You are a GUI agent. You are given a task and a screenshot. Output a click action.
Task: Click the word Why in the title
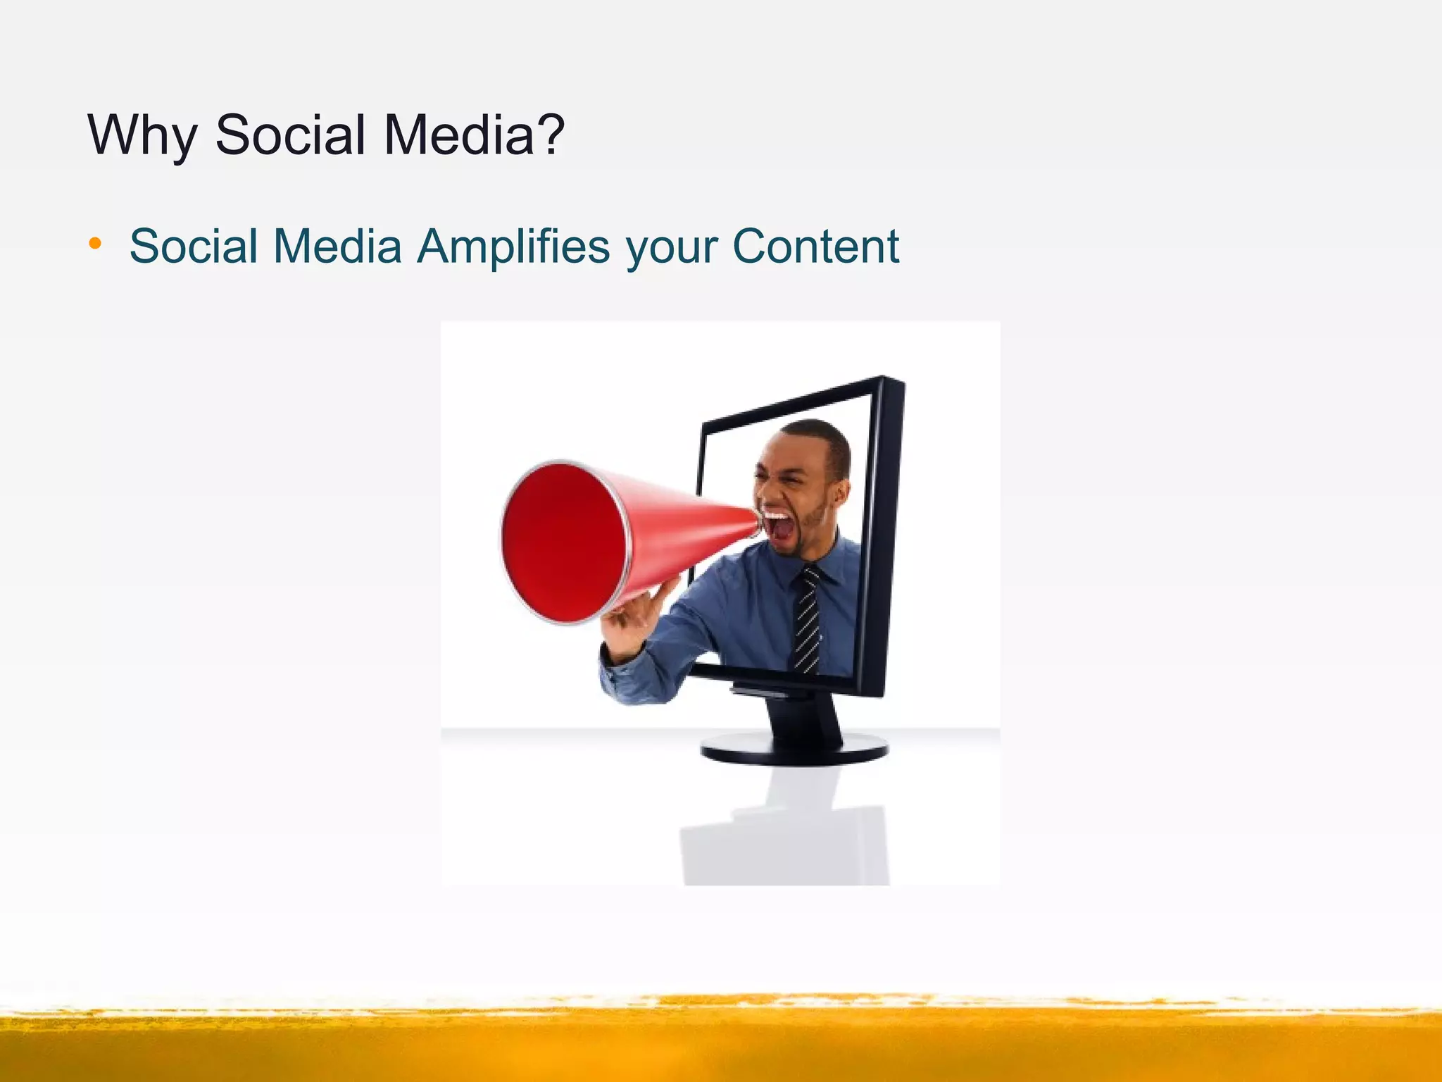[x=141, y=135]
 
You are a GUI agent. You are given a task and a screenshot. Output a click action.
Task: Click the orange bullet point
[x=95, y=244]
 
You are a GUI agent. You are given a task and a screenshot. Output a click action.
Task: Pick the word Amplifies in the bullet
[x=513, y=247]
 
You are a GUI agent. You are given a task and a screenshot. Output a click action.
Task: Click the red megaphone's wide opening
[x=563, y=542]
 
